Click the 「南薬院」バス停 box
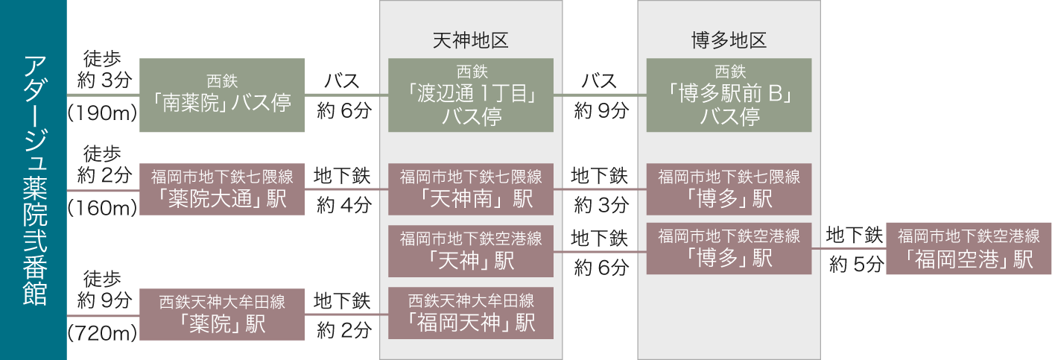[x=222, y=95]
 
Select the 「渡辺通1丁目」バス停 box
[x=471, y=95]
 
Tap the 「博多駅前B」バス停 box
[x=729, y=95]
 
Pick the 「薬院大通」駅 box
[x=222, y=190]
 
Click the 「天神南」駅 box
[x=471, y=190]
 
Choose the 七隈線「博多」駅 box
[x=729, y=190]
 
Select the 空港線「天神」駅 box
[x=471, y=251]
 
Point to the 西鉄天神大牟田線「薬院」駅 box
[x=222, y=315]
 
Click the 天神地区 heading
[x=471, y=40]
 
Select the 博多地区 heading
[x=729, y=40]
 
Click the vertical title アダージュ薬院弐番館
[x=34, y=180]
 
